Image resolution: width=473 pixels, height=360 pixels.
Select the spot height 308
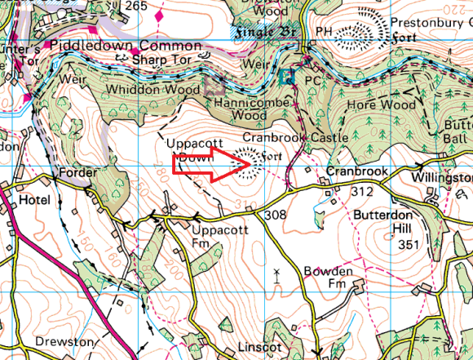point(276,214)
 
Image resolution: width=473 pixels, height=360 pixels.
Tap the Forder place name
point(77,173)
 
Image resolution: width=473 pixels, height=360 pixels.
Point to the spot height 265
point(137,6)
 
